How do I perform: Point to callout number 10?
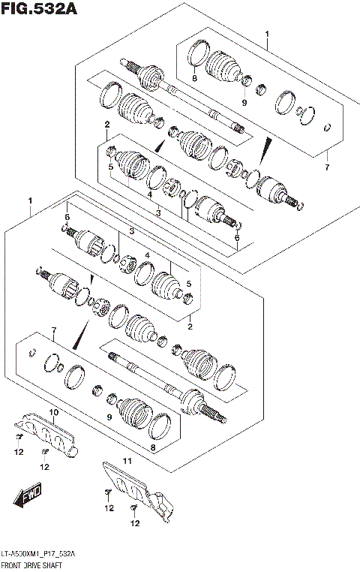click(53, 413)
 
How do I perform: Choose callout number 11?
click(127, 461)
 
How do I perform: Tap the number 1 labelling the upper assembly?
click(266, 34)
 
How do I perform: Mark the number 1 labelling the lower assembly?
click(29, 201)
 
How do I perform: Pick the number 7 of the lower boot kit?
click(53, 330)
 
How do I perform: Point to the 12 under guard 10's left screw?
click(19, 452)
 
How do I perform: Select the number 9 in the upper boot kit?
click(244, 102)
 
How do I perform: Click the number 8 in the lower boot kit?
click(153, 449)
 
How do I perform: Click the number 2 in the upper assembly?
click(107, 124)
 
